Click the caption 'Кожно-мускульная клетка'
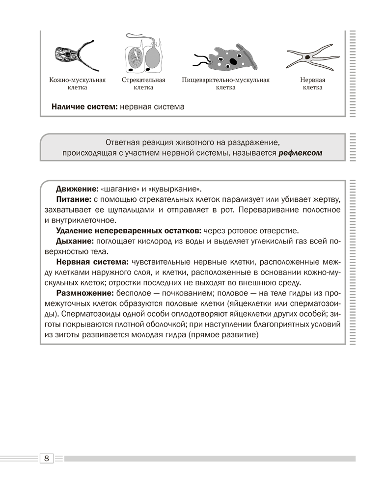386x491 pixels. pos(77,83)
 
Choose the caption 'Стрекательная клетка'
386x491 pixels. pos(143,83)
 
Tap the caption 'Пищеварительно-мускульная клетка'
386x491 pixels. pos(225,83)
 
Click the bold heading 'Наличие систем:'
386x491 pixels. pos(85,106)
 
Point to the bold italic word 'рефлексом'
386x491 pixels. pos(300,153)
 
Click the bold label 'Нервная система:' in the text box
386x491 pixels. pos(93,262)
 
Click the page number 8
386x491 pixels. pos(46,459)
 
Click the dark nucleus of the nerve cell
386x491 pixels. pos(307,57)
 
